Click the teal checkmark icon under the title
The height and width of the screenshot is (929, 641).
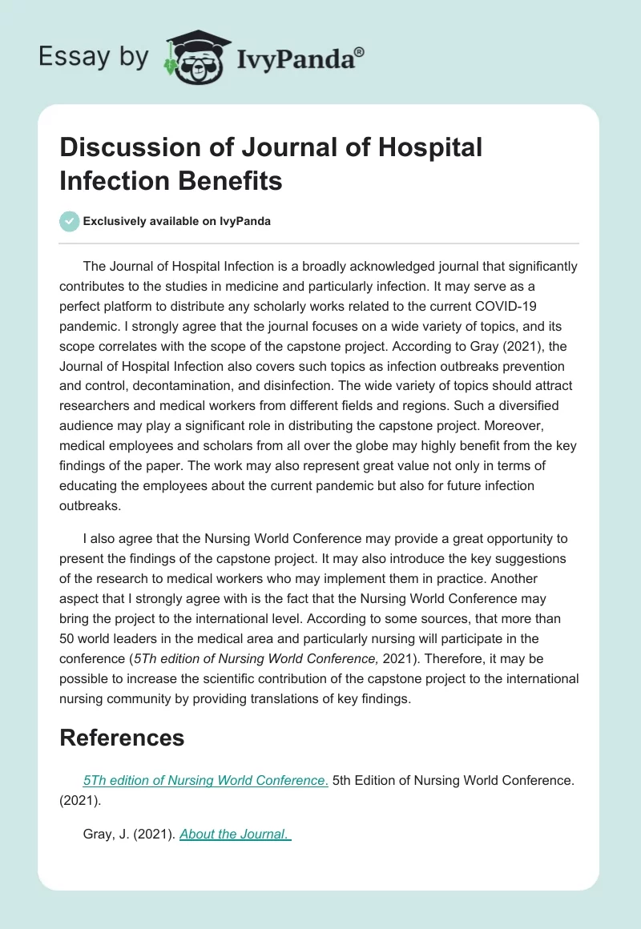coord(70,221)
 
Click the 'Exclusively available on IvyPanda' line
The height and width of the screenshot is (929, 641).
coord(177,221)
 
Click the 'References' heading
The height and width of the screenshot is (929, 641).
coord(122,737)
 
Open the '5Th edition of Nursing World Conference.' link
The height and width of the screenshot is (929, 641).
coord(205,781)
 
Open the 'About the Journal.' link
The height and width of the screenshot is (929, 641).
coord(235,834)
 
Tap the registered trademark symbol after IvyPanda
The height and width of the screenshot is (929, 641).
coord(359,51)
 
